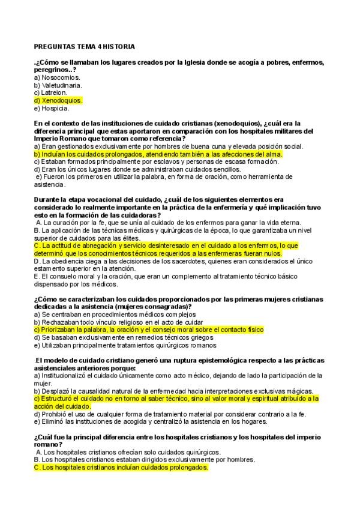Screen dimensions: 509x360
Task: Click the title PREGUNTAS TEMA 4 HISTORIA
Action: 84,46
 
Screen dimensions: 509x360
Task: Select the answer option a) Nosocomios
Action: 57,77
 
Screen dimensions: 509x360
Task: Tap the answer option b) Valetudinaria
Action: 58,85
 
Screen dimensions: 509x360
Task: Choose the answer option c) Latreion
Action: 51,93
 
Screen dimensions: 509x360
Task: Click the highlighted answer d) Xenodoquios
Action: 58,101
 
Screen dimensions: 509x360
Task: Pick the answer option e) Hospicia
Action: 52,109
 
